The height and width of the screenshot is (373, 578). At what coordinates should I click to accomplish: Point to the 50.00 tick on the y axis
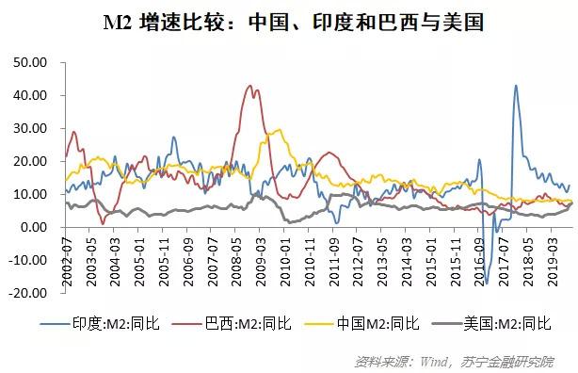(29, 62)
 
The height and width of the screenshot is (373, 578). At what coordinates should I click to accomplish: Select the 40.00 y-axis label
(29, 95)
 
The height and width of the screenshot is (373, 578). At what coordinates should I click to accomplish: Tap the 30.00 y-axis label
(29, 128)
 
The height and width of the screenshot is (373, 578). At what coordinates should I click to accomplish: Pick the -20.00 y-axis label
(27, 293)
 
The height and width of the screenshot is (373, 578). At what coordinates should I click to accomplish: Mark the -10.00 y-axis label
(27, 260)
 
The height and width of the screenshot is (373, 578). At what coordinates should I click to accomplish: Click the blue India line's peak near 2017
(516, 86)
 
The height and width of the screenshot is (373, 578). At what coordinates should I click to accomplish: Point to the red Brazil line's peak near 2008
(249, 86)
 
